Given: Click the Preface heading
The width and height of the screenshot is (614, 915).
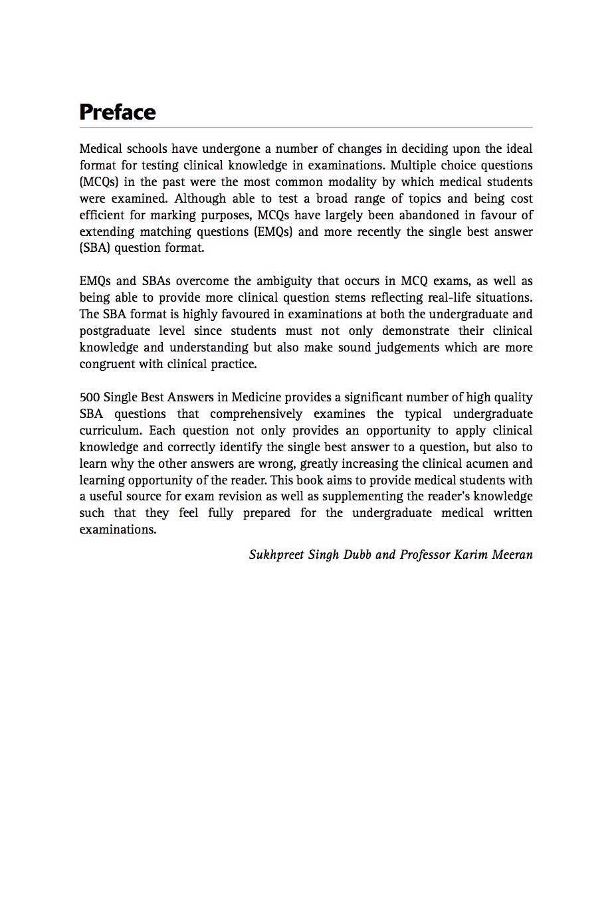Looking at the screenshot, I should coord(117,112).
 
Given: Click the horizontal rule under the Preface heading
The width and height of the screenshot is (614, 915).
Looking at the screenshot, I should coord(306,127).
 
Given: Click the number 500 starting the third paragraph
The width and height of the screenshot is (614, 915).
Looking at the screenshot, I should coord(90,397).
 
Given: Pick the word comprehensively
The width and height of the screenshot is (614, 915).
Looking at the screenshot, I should coord(256,414).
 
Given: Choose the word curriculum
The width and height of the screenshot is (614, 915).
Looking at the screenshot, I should coord(109,431).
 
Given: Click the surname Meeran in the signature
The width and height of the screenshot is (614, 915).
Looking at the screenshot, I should coord(512,555).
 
